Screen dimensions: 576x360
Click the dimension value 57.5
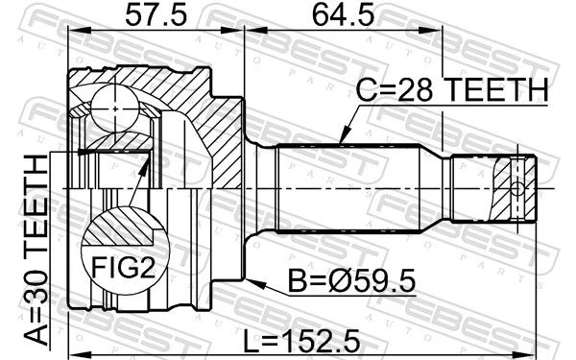click(x=156, y=15)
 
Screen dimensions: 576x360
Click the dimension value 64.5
click(x=343, y=15)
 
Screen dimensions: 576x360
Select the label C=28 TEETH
click(x=452, y=89)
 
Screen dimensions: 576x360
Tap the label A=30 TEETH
click(x=36, y=251)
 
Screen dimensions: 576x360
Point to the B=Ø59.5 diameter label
click(x=351, y=281)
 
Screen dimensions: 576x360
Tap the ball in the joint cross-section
click(x=115, y=108)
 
